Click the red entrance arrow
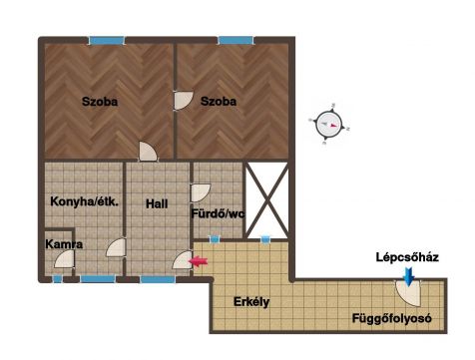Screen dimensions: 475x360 pyautogui.click(x=198, y=261)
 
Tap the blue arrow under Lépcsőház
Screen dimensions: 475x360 pyautogui.click(x=409, y=276)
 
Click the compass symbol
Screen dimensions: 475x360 pyautogui.click(x=329, y=125)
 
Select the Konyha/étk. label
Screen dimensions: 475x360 pyautogui.click(x=85, y=201)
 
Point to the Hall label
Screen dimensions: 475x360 pyautogui.click(x=157, y=203)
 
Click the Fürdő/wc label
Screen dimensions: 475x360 pyautogui.click(x=218, y=213)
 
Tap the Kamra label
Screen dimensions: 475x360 pyautogui.click(x=64, y=244)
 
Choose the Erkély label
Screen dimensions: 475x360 pyautogui.click(x=251, y=302)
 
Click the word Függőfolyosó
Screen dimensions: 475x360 pyautogui.click(x=392, y=318)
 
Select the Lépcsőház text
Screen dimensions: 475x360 pyautogui.click(x=407, y=257)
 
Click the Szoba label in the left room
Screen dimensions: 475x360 pyautogui.click(x=100, y=102)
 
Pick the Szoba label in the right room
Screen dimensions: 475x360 pyautogui.click(x=219, y=102)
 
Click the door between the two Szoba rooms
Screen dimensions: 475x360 pyautogui.click(x=183, y=101)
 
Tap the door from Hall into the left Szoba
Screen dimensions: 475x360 pyautogui.click(x=148, y=152)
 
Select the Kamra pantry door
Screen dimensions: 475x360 pyautogui.click(x=65, y=259)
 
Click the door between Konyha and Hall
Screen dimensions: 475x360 pyautogui.click(x=116, y=247)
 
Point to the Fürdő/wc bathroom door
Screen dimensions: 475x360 pyautogui.click(x=201, y=192)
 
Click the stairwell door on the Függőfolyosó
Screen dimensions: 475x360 pyautogui.click(x=408, y=293)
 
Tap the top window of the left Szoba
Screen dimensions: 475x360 pyautogui.click(x=107, y=41)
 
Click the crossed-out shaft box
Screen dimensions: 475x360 pyautogui.click(x=266, y=200)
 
